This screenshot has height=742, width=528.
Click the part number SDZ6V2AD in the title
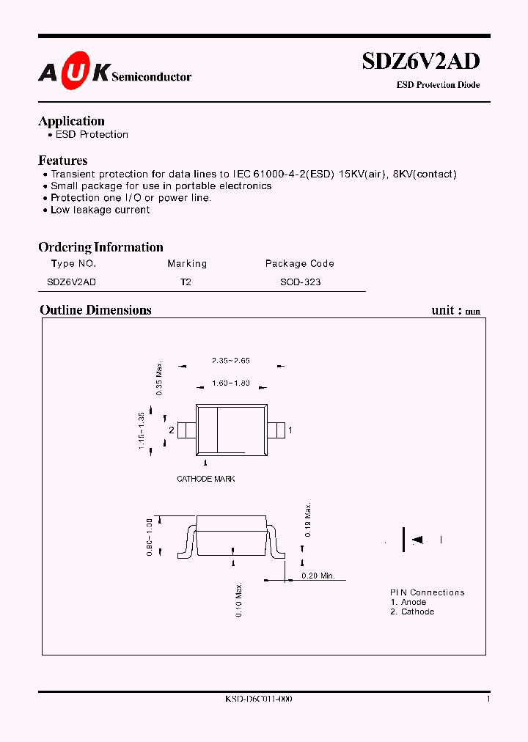[x=421, y=62]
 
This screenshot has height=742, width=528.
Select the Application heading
[x=71, y=121]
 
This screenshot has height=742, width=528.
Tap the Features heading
[x=62, y=161]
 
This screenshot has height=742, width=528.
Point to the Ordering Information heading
[x=100, y=247]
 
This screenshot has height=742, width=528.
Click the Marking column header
[x=187, y=264]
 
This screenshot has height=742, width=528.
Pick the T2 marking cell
[x=186, y=282]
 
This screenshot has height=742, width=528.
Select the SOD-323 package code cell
[x=300, y=282]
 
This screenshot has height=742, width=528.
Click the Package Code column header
[x=299, y=264]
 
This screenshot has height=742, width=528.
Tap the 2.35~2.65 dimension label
[x=230, y=361]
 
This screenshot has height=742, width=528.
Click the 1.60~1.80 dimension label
[x=230, y=383]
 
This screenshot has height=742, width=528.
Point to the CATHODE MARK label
[x=206, y=479]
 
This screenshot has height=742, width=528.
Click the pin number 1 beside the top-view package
[x=290, y=430]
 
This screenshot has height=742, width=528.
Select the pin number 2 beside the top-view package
[x=171, y=430]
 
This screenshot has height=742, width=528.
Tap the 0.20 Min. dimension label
[x=318, y=576]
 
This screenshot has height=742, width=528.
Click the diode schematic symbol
[x=412, y=540]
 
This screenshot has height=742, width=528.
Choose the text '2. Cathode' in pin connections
[x=412, y=611]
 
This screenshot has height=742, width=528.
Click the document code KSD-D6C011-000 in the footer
[x=259, y=699]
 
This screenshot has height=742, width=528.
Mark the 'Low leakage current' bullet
[x=100, y=210]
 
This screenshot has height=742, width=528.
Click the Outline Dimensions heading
[x=95, y=310]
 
